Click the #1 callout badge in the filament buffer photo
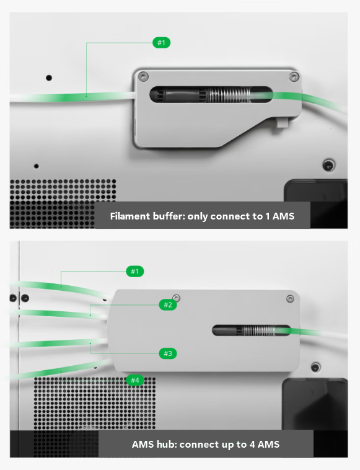(x=162, y=43)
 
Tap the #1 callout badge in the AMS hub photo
(x=135, y=271)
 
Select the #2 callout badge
(x=168, y=305)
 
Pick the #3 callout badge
(x=168, y=353)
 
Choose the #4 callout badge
(x=135, y=380)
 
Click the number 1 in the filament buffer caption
(x=268, y=216)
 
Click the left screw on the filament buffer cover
(x=144, y=76)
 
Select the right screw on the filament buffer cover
(x=294, y=76)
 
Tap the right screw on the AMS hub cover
(x=290, y=299)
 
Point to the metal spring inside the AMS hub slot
(x=258, y=330)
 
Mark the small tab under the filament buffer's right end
(x=282, y=122)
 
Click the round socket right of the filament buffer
(x=328, y=165)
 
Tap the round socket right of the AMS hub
(x=315, y=367)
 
